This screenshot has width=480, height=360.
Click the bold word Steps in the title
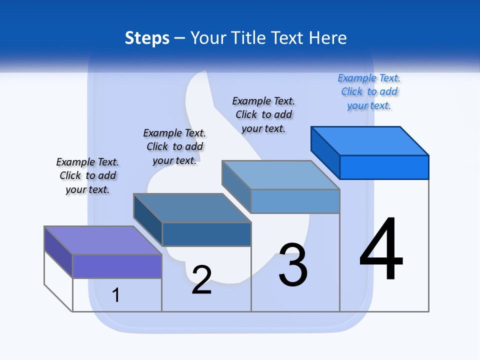pyautogui.click(x=147, y=38)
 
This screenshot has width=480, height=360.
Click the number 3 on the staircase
pyautogui.click(x=293, y=265)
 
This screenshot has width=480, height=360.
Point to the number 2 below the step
pyautogui.click(x=201, y=280)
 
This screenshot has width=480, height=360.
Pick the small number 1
pyautogui.click(x=115, y=295)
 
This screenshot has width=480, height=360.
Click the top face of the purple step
pyautogui.click(x=103, y=240)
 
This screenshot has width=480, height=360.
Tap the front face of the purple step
pyautogui.click(x=117, y=266)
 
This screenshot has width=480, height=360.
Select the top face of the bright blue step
pyautogui.click(x=370, y=140)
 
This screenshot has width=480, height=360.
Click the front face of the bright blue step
pyautogui.click(x=384, y=167)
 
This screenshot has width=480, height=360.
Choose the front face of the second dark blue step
pyautogui.click(x=206, y=234)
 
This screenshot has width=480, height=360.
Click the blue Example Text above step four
pyautogui.click(x=369, y=91)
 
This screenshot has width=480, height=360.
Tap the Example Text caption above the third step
pyautogui.click(x=263, y=114)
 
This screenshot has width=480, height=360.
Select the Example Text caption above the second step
pyautogui.click(x=174, y=146)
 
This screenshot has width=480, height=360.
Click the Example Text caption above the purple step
pyautogui.click(x=87, y=175)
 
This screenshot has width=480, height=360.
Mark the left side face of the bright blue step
pyautogui.click(x=325, y=149)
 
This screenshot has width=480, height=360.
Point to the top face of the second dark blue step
pyautogui.click(x=192, y=207)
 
